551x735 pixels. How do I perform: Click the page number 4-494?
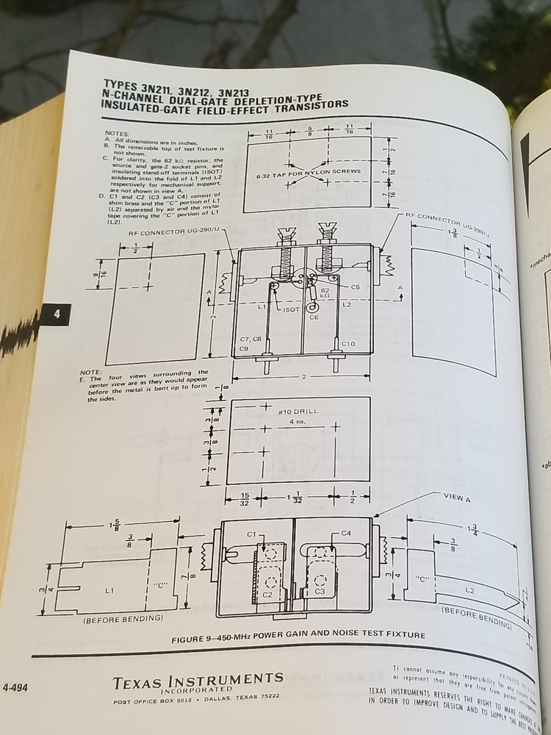tap(17, 689)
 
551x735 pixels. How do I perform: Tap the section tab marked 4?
tap(56, 315)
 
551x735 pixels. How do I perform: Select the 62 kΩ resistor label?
tap(324, 293)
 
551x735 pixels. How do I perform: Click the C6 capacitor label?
tap(314, 318)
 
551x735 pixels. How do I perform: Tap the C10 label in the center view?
tap(348, 344)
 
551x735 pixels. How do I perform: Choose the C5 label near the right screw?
tap(355, 287)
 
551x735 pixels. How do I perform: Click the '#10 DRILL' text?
tap(298, 412)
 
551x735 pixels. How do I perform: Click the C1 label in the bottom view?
tap(251, 534)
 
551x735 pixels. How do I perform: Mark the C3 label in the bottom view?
tap(320, 590)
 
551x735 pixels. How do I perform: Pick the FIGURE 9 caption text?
tap(298, 637)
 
